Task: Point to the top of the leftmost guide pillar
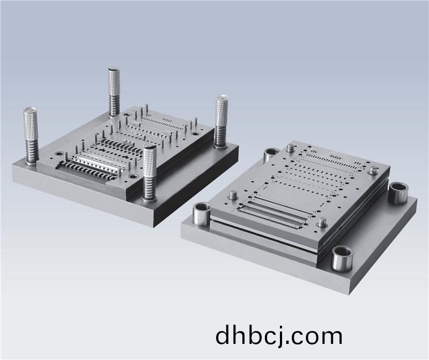tap(30, 111)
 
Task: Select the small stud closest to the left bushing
tap(233, 195)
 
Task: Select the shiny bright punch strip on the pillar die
tap(97, 159)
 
